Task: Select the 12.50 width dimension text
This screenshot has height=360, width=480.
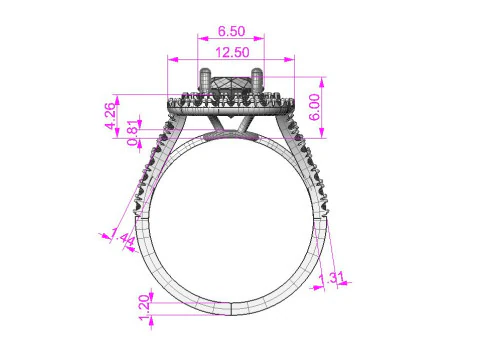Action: click(x=232, y=52)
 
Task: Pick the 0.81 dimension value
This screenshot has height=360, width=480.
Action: click(x=134, y=139)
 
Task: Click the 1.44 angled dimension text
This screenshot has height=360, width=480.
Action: click(x=125, y=240)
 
